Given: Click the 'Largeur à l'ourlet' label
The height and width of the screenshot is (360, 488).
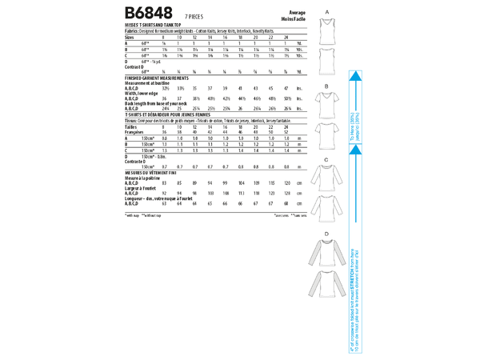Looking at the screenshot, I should click(142, 188).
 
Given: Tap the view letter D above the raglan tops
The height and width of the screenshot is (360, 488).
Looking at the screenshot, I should click(327, 233).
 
